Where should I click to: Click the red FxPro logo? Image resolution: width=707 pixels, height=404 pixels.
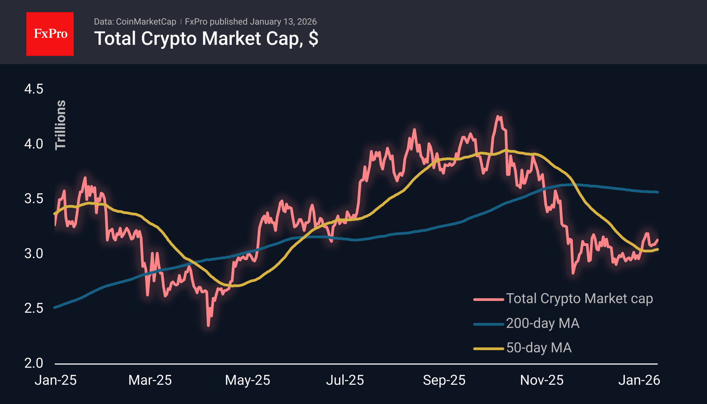pyautogui.click(x=50, y=34)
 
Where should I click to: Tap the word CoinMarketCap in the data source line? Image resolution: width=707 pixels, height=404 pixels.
pyautogui.click(x=146, y=22)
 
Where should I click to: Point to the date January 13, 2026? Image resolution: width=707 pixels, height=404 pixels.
pyautogui.click(x=283, y=22)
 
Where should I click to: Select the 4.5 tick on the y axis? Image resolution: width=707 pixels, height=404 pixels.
pyautogui.click(x=34, y=89)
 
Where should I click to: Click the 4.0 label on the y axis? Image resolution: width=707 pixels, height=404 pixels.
pyautogui.click(x=34, y=144)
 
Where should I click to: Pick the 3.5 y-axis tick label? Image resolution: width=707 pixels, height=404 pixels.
pyautogui.click(x=34, y=199)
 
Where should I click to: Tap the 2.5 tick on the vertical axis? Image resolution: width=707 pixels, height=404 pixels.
pyautogui.click(x=34, y=308)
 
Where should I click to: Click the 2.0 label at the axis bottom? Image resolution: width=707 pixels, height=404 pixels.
pyautogui.click(x=34, y=363)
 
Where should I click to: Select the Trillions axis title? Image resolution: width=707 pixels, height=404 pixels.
pyautogui.click(x=60, y=125)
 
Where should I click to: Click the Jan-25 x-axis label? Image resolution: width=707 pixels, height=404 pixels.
pyautogui.click(x=56, y=380)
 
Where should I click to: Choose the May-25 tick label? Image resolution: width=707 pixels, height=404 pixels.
pyautogui.click(x=248, y=380)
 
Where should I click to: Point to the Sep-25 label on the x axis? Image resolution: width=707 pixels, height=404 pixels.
pyautogui.click(x=444, y=380)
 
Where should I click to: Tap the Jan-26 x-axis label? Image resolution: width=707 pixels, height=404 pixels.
pyautogui.click(x=639, y=380)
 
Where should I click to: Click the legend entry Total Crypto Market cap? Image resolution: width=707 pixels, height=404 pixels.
pyautogui.click(x=579, y=299)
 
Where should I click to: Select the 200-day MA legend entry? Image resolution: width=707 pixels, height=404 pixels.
pyautogui.click(x=542, y=323)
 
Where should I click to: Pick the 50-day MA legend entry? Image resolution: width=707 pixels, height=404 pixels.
pyautogui.click(x=539, y=348)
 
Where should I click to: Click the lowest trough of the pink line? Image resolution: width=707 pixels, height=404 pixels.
pyautogui.click(x=208, y=325)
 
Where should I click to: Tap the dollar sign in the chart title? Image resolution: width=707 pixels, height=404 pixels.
pyautogui.click(x=313, y=39)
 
